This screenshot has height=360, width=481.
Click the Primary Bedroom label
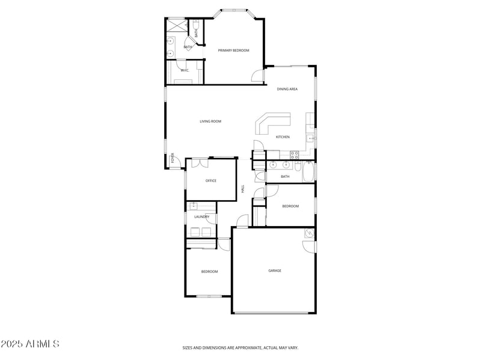pyautogui.click(x=233, y=50)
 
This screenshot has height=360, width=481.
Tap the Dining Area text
pyautogui.click(x=287, y=89)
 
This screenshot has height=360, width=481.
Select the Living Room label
pyautogui.click(x=210, y=121)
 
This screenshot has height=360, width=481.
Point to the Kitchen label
pyautogui.click(x=283, y=137)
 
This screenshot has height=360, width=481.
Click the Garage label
pyautogui.click(x=274, y=270)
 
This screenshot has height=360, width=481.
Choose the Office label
pyautogui.click(x=210, y=181)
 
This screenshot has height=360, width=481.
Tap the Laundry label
pyautogui.click(x=201, y=217)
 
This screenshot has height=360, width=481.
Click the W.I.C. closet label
pyautogui.click(x=185, y=70)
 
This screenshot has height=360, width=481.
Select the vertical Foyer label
pyautogui.click(x=173, y=159)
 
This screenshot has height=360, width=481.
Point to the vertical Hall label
pyautogui.click(x=242, y=189)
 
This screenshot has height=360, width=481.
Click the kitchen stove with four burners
pyautogui.click(x=295, y=154)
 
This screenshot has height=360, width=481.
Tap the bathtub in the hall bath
pyautogui.click(x=308, y=174)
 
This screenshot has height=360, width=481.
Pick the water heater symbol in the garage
pyautogui.click(x=309, y=233)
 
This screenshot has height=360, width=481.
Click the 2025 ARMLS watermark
pyautogui.click(x=30, y=344)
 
